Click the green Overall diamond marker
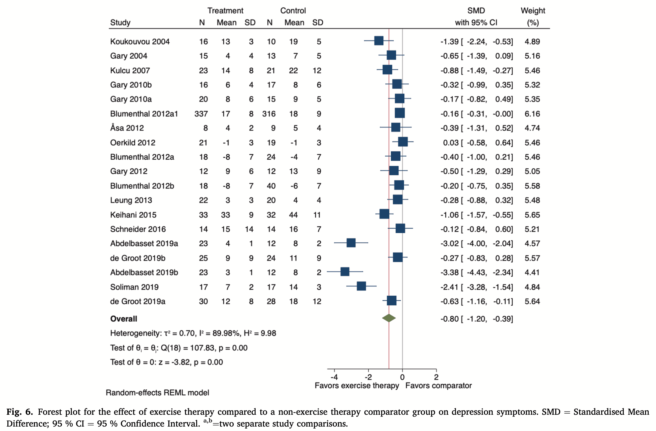(389, 318)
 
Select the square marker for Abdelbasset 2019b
(345, 272)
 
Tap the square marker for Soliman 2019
(361, 286)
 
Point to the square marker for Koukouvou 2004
(379, 41)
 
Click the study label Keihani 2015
(133, 215)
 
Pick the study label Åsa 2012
(127, 128)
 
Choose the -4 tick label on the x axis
(334, 377)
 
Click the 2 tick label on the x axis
(436, 377)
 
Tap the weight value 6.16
(532, 114)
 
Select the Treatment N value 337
(201, 114)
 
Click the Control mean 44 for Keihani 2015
(293, 215)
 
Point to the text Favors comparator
(439, 385)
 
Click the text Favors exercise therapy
(357, 385)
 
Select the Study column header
(120, 22)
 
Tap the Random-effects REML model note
(157, 393)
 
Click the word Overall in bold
(124, 319)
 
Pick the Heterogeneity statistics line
(193, 333)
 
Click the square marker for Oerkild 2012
(403, 142)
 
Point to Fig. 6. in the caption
(20, 412)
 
